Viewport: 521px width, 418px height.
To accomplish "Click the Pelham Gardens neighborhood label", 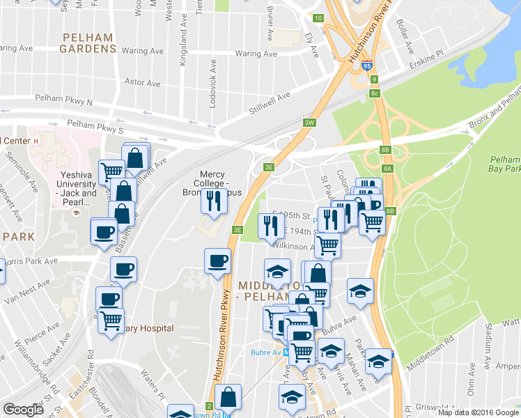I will (x=88, y=42).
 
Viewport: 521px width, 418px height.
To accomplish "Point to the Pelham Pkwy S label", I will (x=99, y=130).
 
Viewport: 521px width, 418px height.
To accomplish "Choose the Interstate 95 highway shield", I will (x=375, y=79).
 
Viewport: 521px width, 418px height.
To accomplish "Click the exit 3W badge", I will (x=310, y=123).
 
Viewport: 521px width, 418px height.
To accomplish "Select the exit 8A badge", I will (x=388, y=168).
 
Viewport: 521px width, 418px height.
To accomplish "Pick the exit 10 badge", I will (x=318, y=17).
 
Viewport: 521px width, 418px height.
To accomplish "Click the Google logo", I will (x=24, y=410).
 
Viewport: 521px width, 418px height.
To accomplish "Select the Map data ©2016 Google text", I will (x=477, y=412).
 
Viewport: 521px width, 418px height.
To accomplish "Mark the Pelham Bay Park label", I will (x=506, y=164).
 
